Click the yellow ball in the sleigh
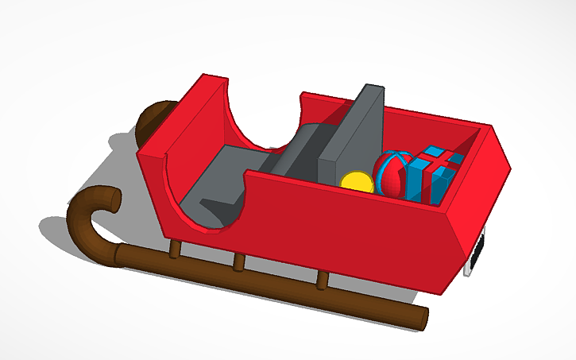358,181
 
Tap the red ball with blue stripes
391,174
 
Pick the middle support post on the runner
238,261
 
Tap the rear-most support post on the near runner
322,280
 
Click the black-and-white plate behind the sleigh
477,254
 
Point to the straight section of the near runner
270,282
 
